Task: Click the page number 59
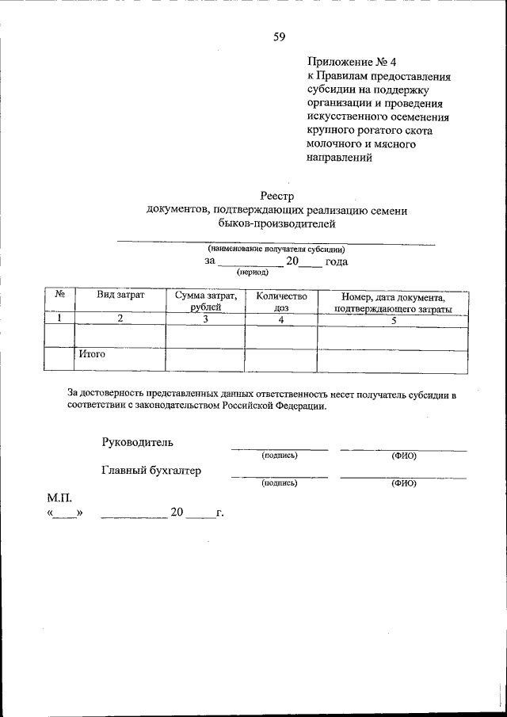[279, 36]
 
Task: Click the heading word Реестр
[277, 195]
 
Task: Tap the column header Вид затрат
[120, 295]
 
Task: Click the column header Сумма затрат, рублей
[206, 301]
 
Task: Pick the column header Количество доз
[281, 301]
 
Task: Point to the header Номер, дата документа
[392, 296]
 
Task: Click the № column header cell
[59, 294]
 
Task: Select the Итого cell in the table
[92, 355]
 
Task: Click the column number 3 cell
[205, 318]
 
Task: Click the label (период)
[252, 271]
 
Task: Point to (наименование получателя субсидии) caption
[276, 248]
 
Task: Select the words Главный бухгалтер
[151, 470]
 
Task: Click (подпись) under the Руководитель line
[279, 456]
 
